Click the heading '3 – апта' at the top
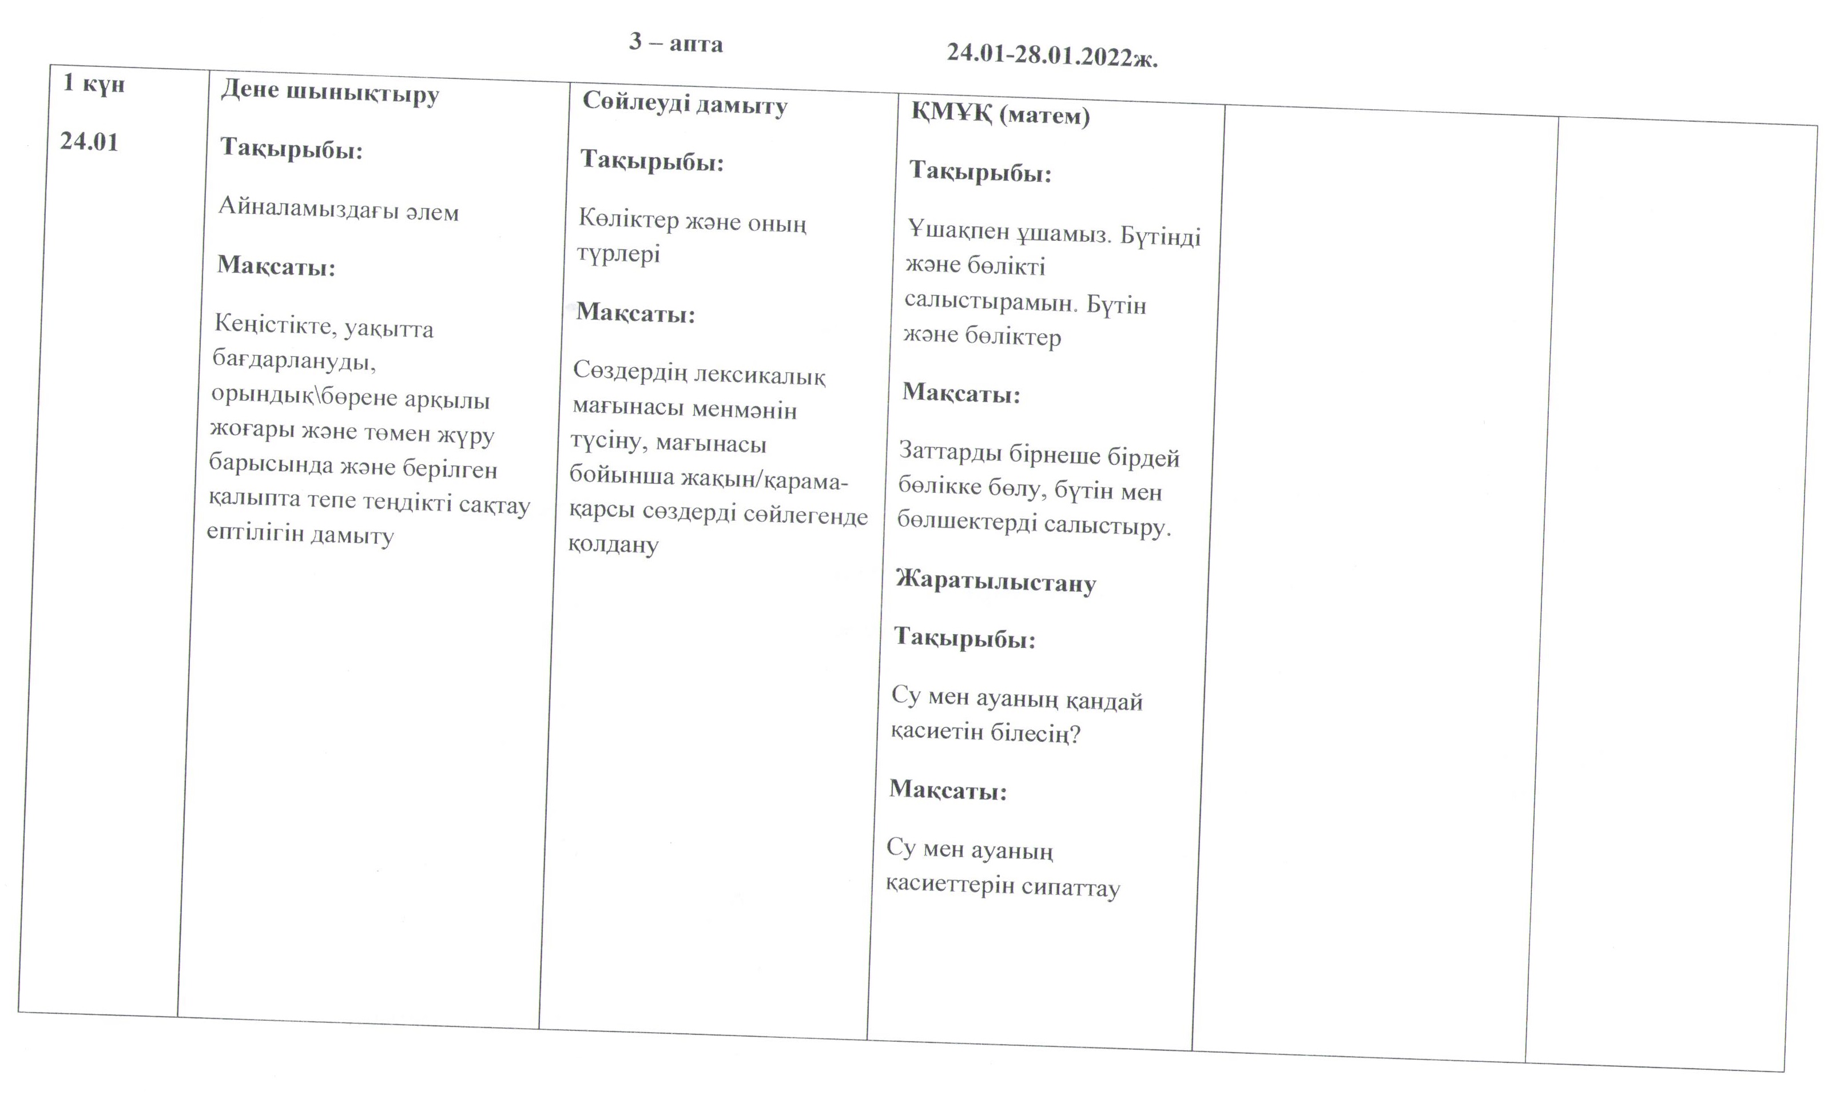click(x=675, y=43)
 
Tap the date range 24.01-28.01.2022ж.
click(x=1052, y=55)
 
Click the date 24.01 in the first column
click(x=89, y=141)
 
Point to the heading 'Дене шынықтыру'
click(x=329, y=93)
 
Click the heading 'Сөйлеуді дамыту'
click(x=684, y=104)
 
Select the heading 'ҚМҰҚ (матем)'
click(x=1000, y=114)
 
